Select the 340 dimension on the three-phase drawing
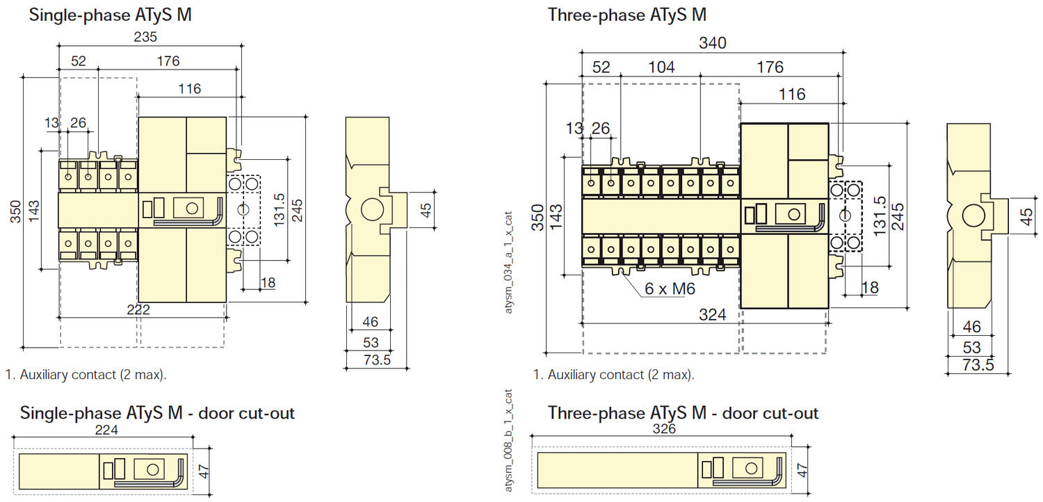[x=712, y=43]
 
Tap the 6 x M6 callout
[x=670, y=289]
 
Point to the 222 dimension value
[x=138, y=310]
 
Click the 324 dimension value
[x=712, y=315]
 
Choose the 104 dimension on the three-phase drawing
[x=661, y=67]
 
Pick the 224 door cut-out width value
[x=106, y=430]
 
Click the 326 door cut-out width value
[x=663, y=429]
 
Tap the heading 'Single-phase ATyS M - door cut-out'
[x=157, y=413]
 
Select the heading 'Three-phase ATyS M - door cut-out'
[x=683, y=413]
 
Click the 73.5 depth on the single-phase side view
[x=378, y=360]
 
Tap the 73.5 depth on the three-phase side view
[x=978, y=366]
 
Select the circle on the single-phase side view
[x=372, y=209]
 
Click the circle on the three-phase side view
[x=972, y=217]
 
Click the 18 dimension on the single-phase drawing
[x=268, y=282]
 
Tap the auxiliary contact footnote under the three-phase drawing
[x=613, y=375]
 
